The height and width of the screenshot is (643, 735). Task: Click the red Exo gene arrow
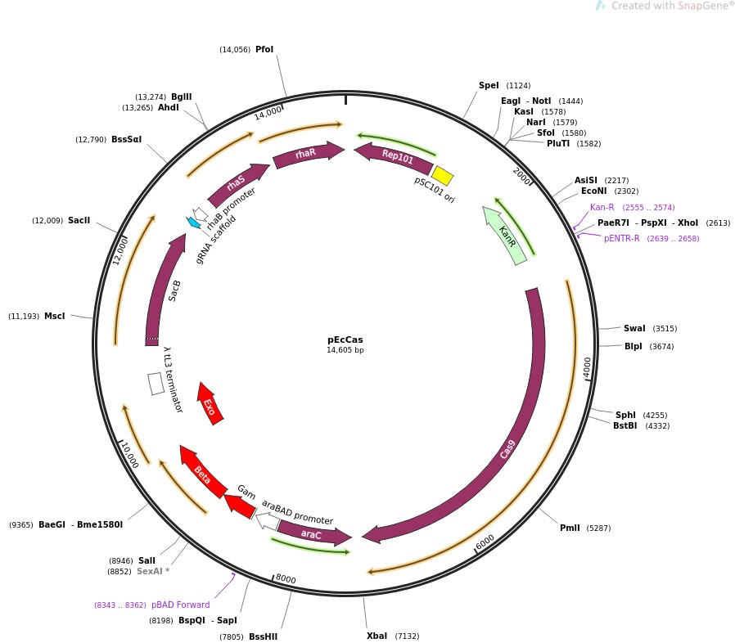[210, 402]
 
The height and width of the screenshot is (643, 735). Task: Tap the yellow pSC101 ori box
[442, 175]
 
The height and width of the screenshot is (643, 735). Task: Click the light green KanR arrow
[505, 236]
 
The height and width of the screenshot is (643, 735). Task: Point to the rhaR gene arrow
[307, 153]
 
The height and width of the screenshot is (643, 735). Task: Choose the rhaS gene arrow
[237, 185]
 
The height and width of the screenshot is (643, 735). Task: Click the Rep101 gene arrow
[395, 156]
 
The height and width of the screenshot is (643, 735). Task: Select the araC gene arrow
[312, 534]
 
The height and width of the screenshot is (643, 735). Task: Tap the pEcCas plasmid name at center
[345, 339]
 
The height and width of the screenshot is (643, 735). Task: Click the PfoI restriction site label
[264, 50]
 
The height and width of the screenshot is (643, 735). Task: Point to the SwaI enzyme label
[634, 329]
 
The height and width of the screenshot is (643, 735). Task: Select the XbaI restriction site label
[377, 636]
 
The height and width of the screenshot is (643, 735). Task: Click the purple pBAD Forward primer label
[180, 605]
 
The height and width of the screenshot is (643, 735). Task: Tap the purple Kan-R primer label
[602, 208]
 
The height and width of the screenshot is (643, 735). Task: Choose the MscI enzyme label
[55, 317]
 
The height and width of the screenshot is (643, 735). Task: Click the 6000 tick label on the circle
[485, 542]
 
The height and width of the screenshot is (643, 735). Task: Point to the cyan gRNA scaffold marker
[194, 222]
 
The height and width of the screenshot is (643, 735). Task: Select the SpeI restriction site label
[489, 86]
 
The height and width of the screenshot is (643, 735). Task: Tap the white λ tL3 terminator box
[156, 384]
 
